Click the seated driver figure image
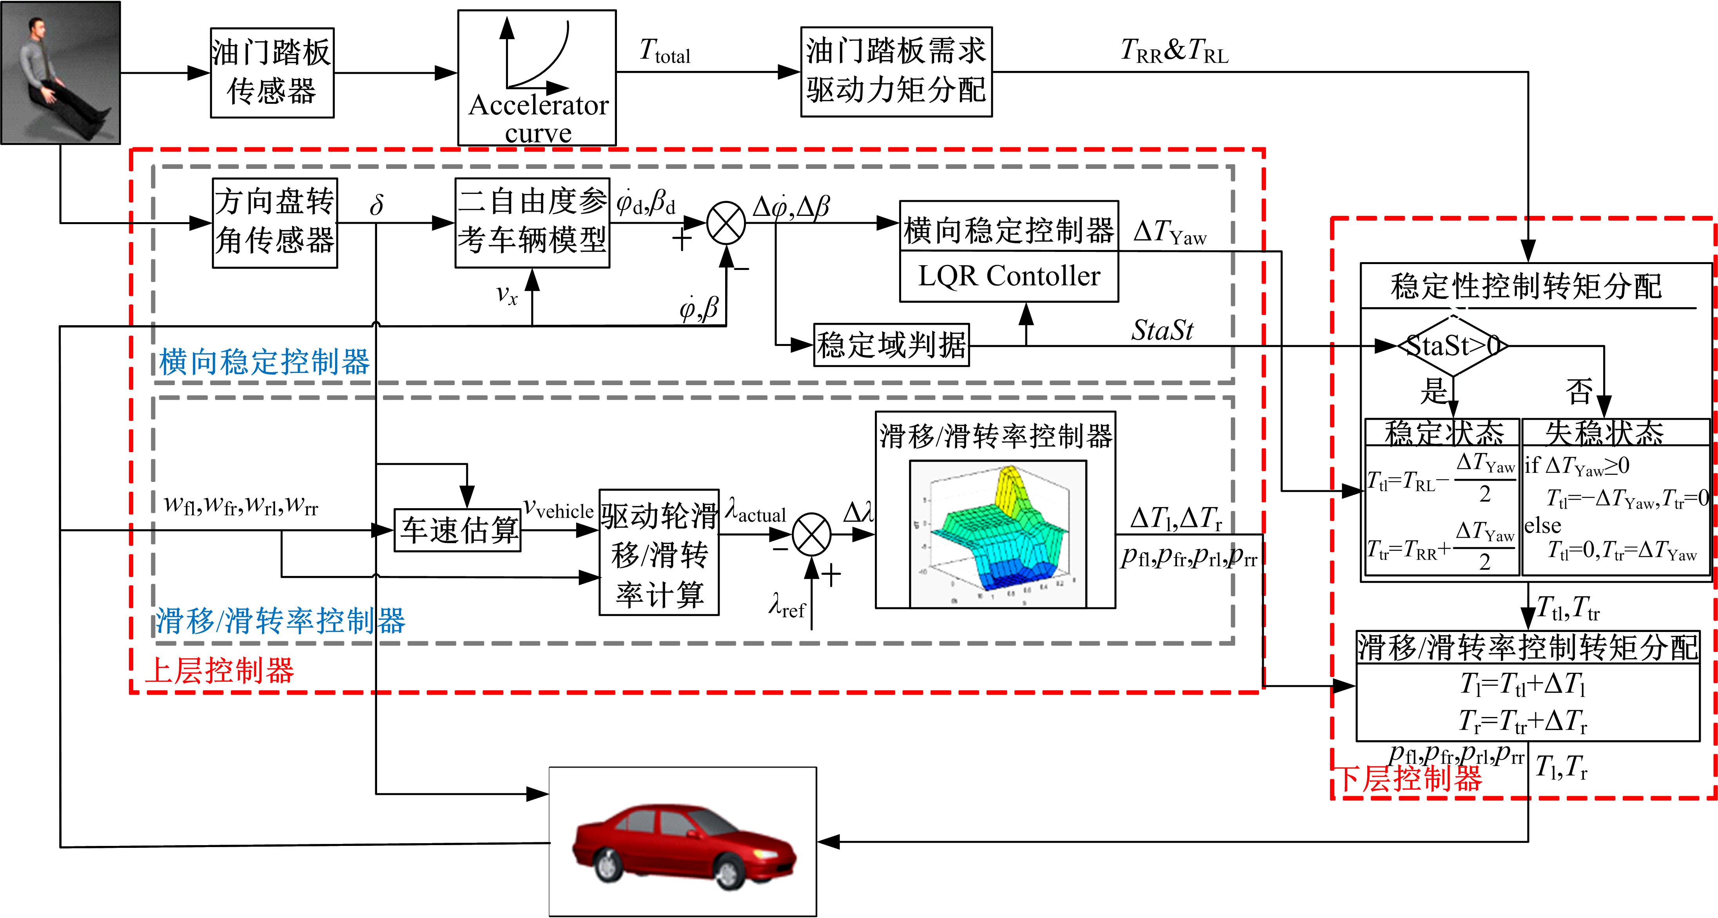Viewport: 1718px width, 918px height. (x=60, y=72)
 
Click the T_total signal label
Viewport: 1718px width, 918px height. (x=665, y=51)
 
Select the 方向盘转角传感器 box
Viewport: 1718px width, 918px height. (x=275, y=223)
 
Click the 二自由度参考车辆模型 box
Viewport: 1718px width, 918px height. (x=532, y=223)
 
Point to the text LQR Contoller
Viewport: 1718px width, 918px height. (x=1009, y=276)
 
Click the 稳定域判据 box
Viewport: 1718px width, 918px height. (x=891, y=345)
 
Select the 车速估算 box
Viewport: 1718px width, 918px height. (x=457, y=530)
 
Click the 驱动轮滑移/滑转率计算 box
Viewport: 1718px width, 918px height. (x=659, y=552)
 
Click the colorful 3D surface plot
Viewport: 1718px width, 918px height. (x=998, y=533)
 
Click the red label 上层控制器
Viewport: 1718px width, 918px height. (x=220, y=670)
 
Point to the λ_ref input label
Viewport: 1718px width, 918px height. (x=787, y=606)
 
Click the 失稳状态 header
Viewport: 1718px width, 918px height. (x=1605, y=432)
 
